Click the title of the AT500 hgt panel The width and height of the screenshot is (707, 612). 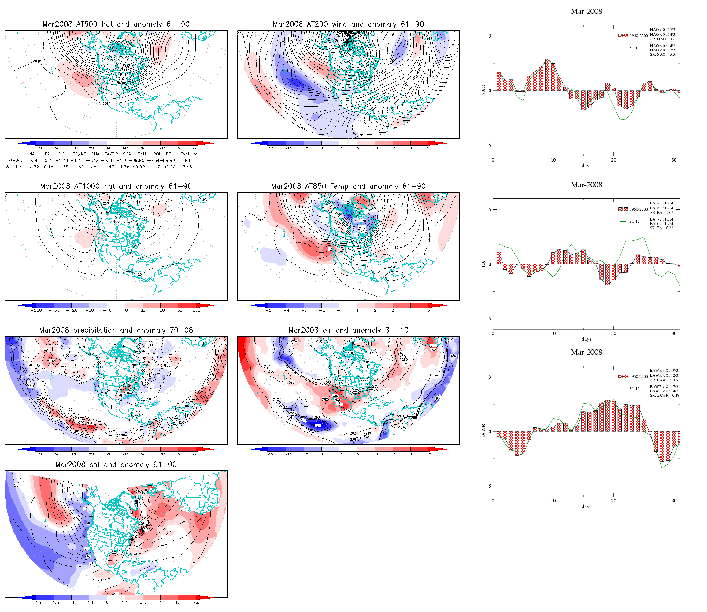(116, 24)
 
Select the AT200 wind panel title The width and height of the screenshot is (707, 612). (348, 24)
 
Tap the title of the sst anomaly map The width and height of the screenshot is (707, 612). (116, 465)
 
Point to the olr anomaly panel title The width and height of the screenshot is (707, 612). (348, 330)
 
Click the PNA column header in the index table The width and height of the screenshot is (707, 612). (95, 154)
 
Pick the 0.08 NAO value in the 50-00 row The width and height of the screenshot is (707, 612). (34, 161)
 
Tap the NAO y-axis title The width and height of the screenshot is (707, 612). (483, 90)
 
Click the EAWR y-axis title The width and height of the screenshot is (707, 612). (483, 431)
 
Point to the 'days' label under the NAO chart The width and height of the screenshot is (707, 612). (586, 166)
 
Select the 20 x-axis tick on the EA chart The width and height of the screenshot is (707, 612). (613, 333)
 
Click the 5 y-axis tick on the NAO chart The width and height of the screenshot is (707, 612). (490, 36)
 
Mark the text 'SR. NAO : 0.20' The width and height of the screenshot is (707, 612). (663, 39)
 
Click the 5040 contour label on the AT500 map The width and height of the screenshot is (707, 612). (118, 42)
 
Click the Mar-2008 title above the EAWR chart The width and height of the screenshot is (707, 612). (586, 352)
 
